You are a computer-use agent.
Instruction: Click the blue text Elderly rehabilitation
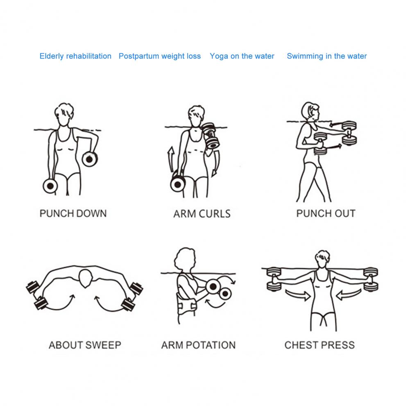(x=75, y=56)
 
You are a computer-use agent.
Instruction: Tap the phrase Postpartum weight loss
(x=160, y=56)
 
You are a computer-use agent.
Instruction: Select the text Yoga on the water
(x=242, y=56)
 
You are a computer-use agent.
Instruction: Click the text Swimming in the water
(x=327, y=56)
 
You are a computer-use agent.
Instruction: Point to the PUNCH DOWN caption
(x=73, y=213)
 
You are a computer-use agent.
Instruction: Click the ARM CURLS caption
(x=202, y=214)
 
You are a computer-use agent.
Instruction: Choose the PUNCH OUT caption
(x=326, y=213)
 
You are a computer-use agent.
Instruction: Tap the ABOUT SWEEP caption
(x=85, y=345)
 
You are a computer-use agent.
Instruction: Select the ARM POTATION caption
(x=199, y=345)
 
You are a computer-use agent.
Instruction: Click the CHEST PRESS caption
(x=319, y=345)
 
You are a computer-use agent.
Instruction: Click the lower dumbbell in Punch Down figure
(x=50, y=186)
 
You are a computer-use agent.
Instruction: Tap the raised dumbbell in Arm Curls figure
(x=211, y=136)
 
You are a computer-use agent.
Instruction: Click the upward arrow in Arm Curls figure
(x=171, y=159)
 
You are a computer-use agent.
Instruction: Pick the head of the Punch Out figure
(x=310, y=111)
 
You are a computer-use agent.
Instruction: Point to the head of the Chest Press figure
(x=322, y=259)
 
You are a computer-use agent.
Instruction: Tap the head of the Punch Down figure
(x=64, y=115)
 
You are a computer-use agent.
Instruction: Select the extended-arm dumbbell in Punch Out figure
(x=349, y=133)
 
